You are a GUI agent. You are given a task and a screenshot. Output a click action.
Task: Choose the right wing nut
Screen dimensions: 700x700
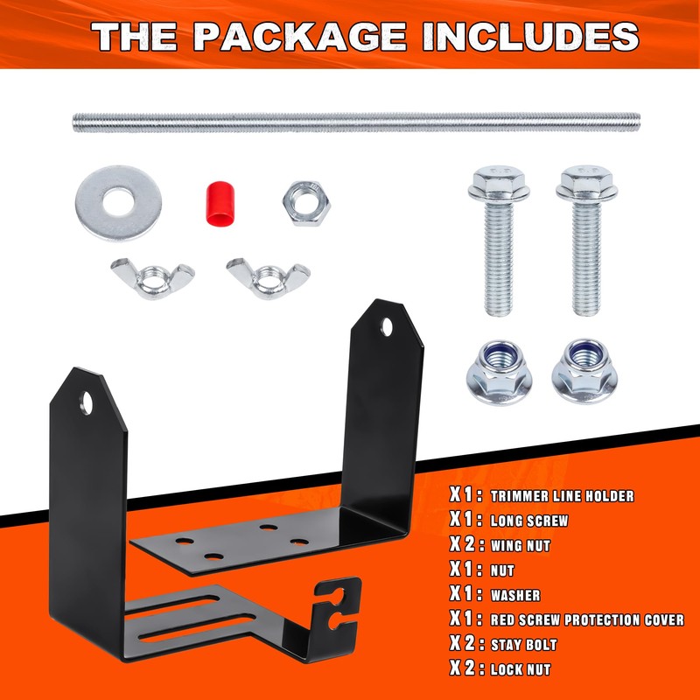click(265, 276)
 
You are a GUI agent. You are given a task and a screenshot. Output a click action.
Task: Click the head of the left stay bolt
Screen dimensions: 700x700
click(493, 184)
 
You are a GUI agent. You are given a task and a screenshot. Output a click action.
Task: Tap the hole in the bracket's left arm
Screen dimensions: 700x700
click(87, 403)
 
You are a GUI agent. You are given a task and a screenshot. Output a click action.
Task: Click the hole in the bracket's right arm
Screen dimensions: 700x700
click(388, 328)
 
